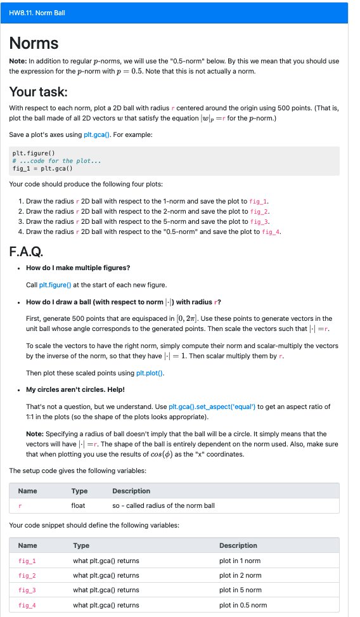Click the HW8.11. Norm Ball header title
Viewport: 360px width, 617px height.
click(37, 13)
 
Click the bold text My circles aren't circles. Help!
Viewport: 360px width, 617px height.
click(75, 389)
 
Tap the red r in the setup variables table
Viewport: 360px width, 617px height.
click(20, 505)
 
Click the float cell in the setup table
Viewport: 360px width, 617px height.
click(78, 505)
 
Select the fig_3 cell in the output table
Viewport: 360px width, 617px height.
click(27, 590)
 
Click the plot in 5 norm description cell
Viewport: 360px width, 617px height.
click(240, 590)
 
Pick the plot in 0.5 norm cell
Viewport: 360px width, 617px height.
click(243, 605)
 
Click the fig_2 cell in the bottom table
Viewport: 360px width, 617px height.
click(27, 575)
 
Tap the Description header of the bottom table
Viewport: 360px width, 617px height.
click(238, 545)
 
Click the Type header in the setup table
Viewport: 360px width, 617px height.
click(79, 491)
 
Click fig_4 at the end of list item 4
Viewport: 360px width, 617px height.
click(271, 232)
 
